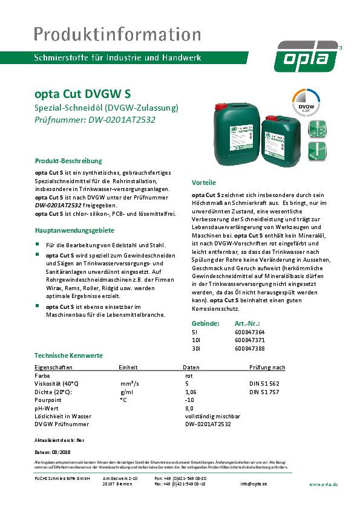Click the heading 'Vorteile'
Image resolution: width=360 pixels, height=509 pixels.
[x=204, y=182]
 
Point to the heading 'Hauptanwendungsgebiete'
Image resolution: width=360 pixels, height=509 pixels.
[x=74, y=230]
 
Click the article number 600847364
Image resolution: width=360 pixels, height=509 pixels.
[x=249, y=332]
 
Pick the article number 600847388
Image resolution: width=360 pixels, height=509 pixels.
[x=249, y=348]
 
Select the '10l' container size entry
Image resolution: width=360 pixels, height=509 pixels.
[x=195, y=340]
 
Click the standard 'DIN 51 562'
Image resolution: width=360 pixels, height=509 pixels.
[x=264, y=384]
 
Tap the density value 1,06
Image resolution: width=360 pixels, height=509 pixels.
[x=191, y=392]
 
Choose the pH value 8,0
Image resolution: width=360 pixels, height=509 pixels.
[x=189, y=408]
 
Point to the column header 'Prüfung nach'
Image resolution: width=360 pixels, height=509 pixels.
[x=267, y=367]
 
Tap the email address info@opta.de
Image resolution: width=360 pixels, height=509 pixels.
[x=254, y=484]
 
